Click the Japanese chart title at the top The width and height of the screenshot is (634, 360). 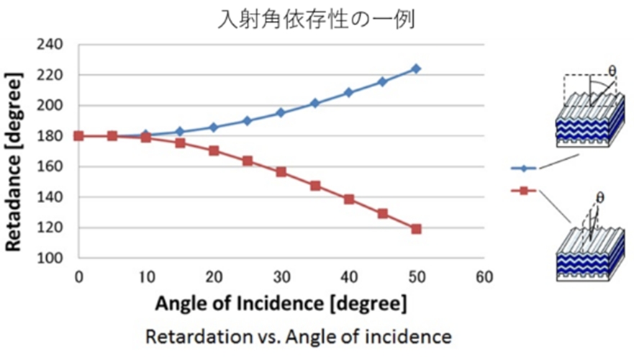[317, 19]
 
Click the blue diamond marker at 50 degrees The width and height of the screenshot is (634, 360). [416, 68]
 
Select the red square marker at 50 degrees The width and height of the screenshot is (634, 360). [416, 229]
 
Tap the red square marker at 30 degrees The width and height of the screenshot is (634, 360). [281, 172]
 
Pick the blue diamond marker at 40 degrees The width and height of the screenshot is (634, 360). [348, 93]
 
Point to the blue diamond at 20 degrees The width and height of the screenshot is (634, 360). [214, 127]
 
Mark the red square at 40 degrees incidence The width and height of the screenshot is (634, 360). [348, 199]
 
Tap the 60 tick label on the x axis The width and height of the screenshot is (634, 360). [483, 276]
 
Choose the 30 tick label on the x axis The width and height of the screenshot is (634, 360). [281, 276]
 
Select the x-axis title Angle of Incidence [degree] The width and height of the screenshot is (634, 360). [281, 302]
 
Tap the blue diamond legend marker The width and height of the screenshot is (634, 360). [523, 168]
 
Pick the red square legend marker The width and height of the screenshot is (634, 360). [523, 191]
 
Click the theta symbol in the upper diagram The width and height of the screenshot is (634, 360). [612, 71]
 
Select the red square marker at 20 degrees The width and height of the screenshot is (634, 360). [214, 151]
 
